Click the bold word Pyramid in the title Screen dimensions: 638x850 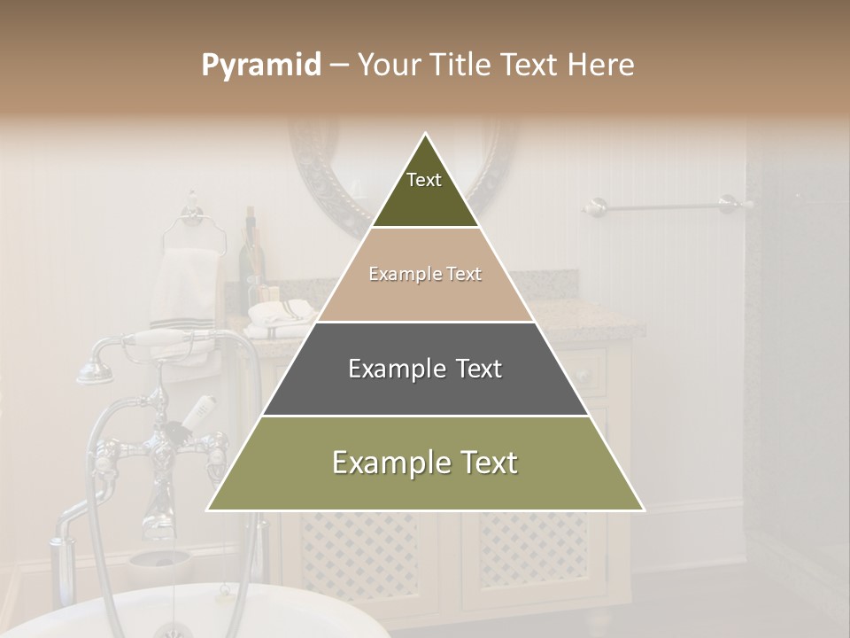(x=260, y=66)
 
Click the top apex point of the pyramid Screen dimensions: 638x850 (x=426, y=134)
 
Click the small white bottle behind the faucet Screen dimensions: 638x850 (x=198, y=410)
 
